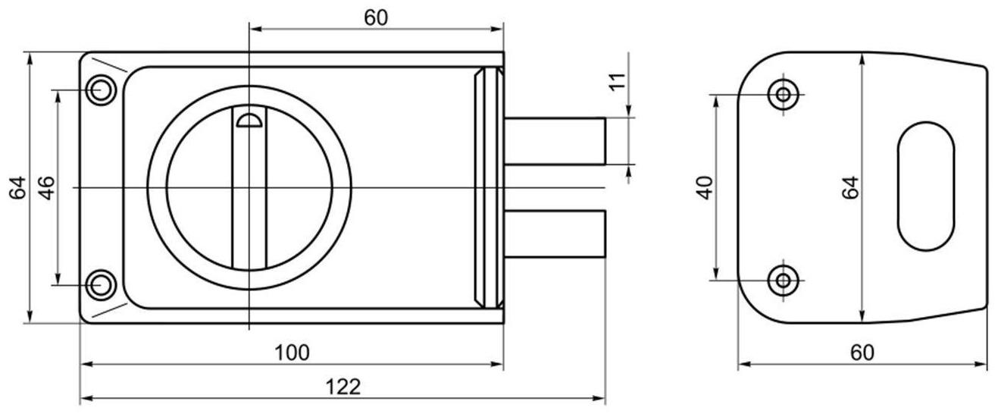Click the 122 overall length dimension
pyautogui.click(x=343, y=387)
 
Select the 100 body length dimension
pyautogui.click(x=292, y=353)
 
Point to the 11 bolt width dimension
pyautogui.click(x=618, y=82)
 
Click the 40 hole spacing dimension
pyautogui.click(x=705, y=187)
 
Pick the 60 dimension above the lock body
pyautogui.click(x=376, y=18)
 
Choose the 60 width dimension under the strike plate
pyautogui.click(x=862, y=353)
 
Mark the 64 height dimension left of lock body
pyautogui.click(x=18, y=187)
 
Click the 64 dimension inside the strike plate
pyautogui.click(x=849, y=187)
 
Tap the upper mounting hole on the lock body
pyautogui.click(x=100, y=90)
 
